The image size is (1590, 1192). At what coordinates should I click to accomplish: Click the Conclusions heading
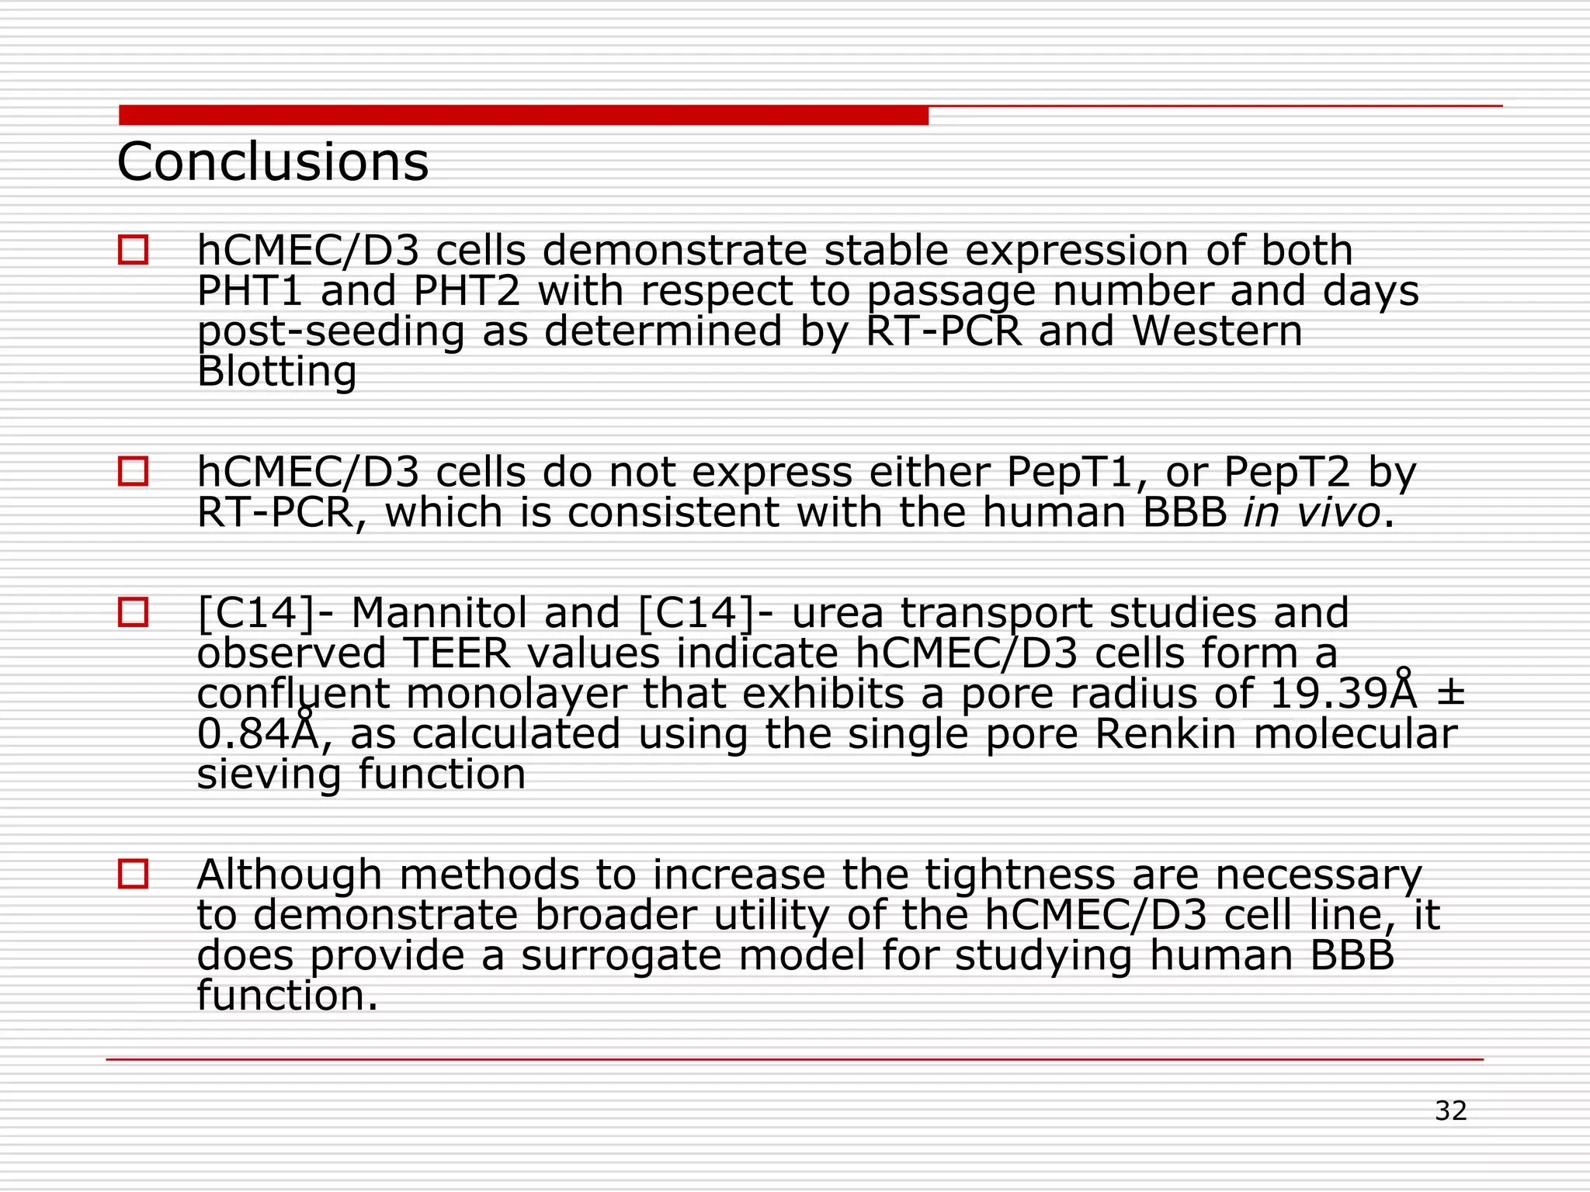point(273,162)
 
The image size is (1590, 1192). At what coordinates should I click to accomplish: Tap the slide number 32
point(1450,1111)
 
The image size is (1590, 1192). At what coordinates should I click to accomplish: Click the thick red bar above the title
point(523,116)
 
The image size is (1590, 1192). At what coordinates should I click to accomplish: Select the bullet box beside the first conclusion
point(133,250)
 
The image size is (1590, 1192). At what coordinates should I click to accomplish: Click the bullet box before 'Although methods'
point(133,874)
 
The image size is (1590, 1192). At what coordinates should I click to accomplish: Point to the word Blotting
point(276,372)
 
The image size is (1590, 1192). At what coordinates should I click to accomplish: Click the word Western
point(1217,331)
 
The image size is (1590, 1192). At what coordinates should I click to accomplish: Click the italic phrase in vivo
point(1311,512)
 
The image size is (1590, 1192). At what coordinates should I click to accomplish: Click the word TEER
point(457,653)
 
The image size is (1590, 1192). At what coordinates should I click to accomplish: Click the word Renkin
point(1165,734)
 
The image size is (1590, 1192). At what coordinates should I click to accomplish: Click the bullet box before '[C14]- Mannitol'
point(133,612)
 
